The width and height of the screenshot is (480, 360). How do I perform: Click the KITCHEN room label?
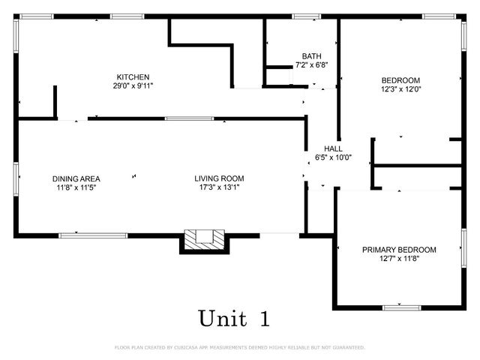click(133, 77)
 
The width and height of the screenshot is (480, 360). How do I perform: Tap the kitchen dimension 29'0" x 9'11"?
click(133, 85)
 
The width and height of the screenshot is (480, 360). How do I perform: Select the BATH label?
click(311, 56)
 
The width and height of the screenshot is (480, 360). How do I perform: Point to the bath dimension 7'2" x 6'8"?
click(311, 65)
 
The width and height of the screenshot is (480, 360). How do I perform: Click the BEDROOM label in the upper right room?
click(400, 80)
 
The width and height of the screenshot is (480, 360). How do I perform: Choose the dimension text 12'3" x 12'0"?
click(400, 89)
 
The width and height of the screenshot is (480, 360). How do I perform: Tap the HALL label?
click(333, 148)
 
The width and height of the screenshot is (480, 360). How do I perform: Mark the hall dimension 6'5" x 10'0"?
click(333, 157)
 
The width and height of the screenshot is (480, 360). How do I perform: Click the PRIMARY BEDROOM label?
click(399, 250)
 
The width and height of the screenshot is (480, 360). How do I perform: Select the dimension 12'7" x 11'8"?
click(399, 259)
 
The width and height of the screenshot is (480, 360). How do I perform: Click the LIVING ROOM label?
click(219, 178)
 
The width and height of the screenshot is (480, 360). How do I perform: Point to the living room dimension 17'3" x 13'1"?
click(219, 187)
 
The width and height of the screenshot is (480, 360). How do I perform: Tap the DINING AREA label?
click(76, 178)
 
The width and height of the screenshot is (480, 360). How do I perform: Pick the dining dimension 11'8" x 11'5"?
click(76, 187)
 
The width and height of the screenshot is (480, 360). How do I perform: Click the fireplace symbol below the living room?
click(205, 239)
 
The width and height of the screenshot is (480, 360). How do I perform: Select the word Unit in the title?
click(222, 318)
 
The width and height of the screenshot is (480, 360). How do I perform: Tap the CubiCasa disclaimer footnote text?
click(240, 347)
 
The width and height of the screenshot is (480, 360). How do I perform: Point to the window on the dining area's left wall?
click(16, 178)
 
